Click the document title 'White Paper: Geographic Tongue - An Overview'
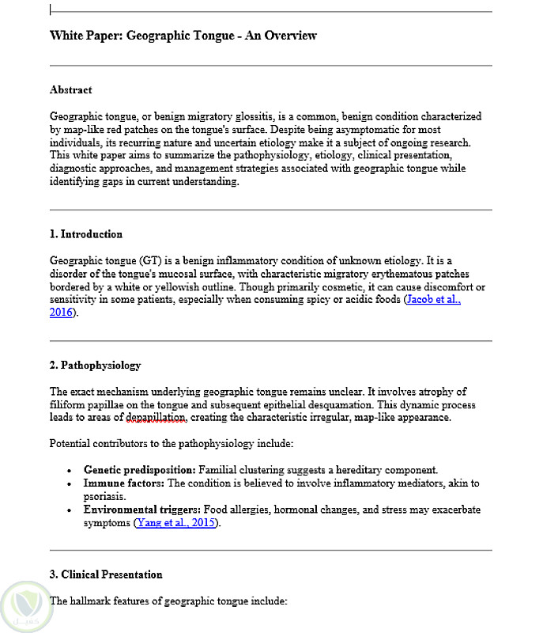(183, 36)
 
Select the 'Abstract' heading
(70, 90)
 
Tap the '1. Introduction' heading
(85, 234)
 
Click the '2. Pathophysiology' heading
(95, 366)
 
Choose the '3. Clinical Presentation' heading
(106, 574)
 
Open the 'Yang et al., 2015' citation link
(176, 523)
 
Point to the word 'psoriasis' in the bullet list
(105, 496)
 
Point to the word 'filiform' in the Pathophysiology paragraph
(69, 404)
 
